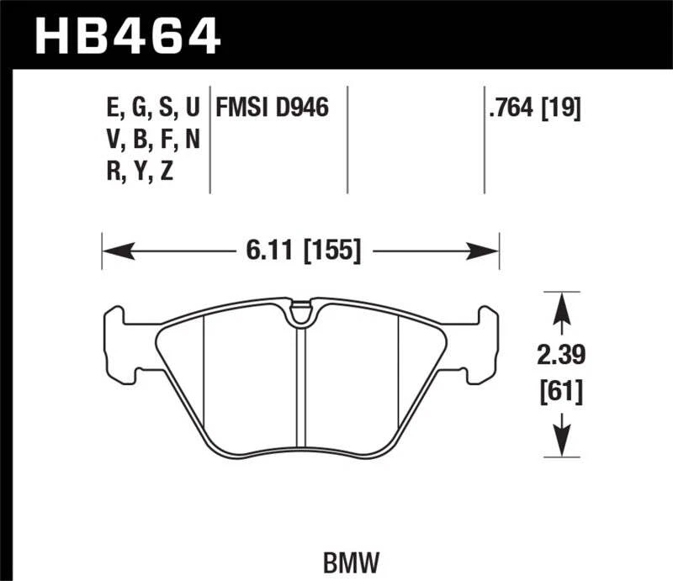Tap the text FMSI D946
tap(272, 108)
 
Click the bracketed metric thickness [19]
tap(563, 108)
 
